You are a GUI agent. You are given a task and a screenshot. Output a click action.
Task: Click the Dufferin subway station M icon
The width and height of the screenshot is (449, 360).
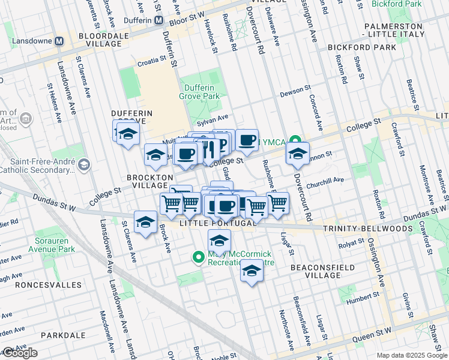pos(158,20)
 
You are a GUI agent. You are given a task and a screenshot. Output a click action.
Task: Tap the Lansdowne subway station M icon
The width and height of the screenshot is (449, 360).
pos(59,41)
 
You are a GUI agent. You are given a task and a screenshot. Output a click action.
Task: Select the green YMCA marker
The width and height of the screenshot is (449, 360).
pos(295,142)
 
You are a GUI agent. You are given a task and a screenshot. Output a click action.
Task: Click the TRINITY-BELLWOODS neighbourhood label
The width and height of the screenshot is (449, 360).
pos(367,229)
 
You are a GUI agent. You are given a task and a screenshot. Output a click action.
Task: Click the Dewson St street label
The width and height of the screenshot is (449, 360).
pos(294,95)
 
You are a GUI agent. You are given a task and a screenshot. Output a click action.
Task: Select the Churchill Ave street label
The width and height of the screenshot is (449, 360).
pos(324,179)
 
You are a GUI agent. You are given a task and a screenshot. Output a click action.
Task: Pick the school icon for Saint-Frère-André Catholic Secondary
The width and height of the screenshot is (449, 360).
pos(84,164)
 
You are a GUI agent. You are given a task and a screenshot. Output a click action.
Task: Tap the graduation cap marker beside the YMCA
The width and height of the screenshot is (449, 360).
pos(298,154)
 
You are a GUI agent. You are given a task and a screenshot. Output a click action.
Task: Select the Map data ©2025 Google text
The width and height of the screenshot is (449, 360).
pos(412,355)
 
